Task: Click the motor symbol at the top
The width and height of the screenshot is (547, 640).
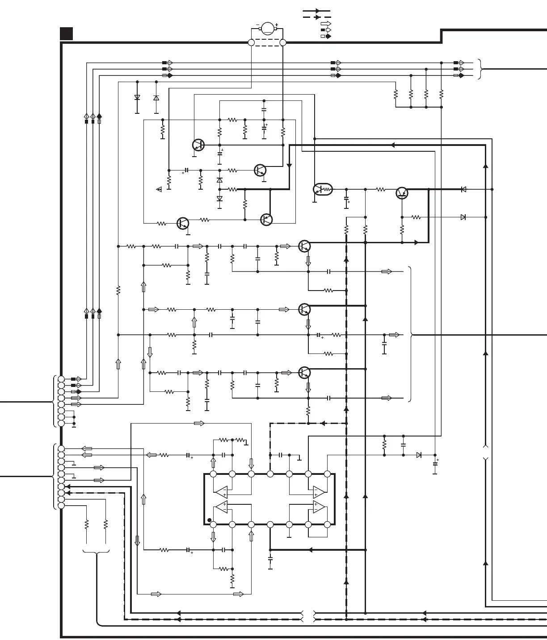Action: [267, 28]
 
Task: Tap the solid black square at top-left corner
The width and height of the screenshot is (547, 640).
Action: [67, 33]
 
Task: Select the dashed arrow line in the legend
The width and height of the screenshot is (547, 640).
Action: [317, 17]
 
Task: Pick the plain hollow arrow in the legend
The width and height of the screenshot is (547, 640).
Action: [326, 24]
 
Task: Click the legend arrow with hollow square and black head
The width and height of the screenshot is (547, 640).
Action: [326, 36]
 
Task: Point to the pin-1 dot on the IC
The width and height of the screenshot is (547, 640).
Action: [209, 520]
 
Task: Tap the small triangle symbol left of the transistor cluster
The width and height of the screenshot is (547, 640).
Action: [159, 190]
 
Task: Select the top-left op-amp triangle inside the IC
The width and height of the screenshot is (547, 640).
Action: [221, 491]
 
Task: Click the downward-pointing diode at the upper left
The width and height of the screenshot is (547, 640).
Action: [137, 97]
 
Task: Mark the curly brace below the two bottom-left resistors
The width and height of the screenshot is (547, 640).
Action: [96, 553]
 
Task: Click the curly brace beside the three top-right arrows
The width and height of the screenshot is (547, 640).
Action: [480, 69]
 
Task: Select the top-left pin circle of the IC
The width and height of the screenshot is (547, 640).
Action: [213, 474]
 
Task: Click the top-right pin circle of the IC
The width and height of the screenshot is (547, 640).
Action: [327, 474]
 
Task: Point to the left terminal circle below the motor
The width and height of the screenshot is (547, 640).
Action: [251, 42]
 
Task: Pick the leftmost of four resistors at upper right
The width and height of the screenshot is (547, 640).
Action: [396, 95]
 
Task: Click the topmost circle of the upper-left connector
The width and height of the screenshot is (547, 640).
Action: [61, 379]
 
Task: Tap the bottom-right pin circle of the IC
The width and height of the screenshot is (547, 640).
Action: [327, 524]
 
